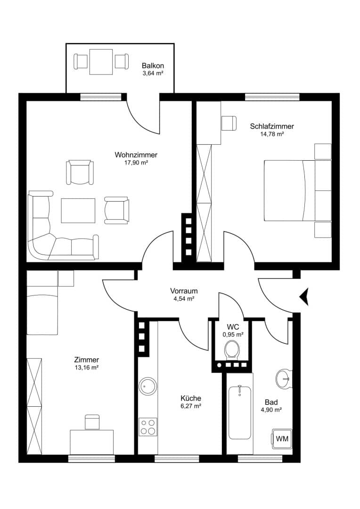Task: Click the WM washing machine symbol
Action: pos(282,439)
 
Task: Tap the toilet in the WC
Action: pos(232,350)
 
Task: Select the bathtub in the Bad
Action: pos(240,412)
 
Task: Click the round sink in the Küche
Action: pos(147,386)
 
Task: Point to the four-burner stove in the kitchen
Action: pos(148,427)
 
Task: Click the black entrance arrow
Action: pos(304,296)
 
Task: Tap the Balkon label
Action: pos(153,66)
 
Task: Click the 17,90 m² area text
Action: pos(136,163)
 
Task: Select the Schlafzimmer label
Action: pos(272,126)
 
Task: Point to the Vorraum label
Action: pos(184,291)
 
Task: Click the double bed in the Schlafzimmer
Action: pos(298,190)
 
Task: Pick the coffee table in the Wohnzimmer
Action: pos(78,211)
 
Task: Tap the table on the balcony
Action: pos(101,62)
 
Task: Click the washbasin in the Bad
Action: pos(284,378)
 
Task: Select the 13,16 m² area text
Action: pos(87,368)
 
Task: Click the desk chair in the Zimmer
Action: pos(93,422)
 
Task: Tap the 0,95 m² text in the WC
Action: pos(233,334)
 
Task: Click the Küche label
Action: pos(191,398)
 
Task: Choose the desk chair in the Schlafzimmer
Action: pos(229,123)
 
